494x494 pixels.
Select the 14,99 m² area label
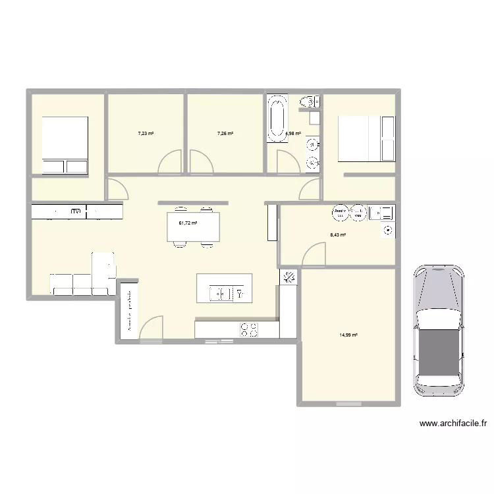(348, 335)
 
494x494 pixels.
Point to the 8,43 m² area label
(339, 234)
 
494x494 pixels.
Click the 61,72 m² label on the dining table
(188, 223)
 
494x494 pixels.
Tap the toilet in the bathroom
(308, 101)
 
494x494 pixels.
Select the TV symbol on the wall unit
(76, 211)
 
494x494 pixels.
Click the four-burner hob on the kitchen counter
(249, 329)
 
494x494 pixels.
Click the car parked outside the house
(439, 330)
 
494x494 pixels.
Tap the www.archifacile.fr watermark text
(453, 424)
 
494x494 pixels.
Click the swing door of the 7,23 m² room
(170, 163)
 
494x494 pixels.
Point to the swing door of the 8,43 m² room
(315, 255)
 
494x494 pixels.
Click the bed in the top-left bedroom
(65, 145)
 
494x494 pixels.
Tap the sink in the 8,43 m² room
(381, 212)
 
